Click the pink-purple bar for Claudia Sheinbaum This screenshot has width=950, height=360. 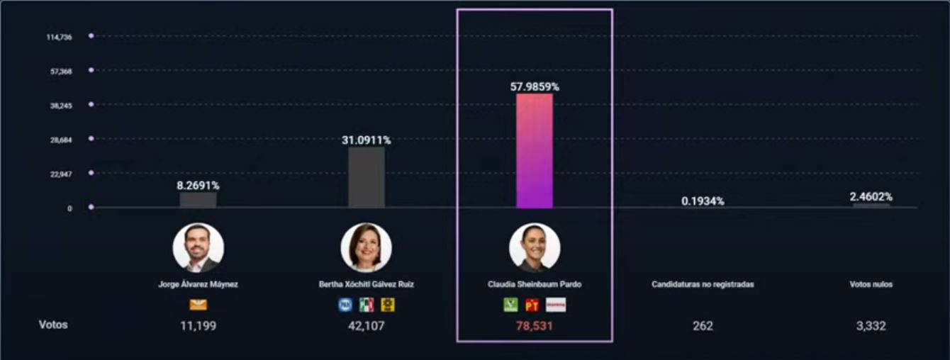click(x=535, y=151)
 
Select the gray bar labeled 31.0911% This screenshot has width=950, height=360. click(x=367, y=178)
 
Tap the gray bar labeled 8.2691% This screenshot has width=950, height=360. click(x=198, y=200)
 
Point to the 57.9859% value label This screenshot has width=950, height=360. click(x=535, y=86)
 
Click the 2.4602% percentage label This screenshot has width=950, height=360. click(x=871, y=196)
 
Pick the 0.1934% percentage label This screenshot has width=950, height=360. click(x=703, y=201)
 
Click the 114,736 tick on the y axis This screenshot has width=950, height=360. click(x=59, y=37)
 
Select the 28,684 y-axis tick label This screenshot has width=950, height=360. click(x=61, y=140)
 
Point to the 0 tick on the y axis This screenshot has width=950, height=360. click(x=69, y=208)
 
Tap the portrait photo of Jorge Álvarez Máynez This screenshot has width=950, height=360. click(x=198, y=248)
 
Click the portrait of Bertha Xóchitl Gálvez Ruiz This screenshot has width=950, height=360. click(x=367, y=248)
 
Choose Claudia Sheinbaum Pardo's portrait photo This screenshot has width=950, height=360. click(x=535, y=248)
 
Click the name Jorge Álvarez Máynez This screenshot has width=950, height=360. click(x=198, y=284)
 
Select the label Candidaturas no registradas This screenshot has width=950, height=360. click(x=703, y=284)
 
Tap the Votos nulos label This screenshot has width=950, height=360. click(x=871, y=284)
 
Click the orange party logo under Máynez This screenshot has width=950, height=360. click(x=198, y=305)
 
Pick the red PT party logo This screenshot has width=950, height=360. click(x=532, y=305)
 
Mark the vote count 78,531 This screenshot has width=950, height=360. click(x=535, y=326)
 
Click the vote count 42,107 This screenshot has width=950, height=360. click(x=367, y=326)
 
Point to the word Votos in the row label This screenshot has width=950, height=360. click(x=53, y=325)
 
